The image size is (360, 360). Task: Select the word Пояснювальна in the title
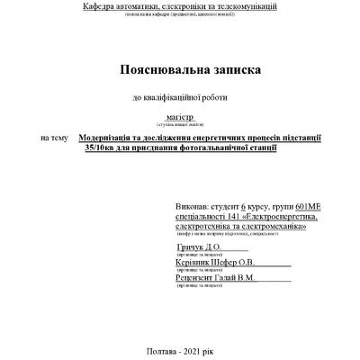(x=155, y=69)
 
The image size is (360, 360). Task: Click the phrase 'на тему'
(x=53, y=138)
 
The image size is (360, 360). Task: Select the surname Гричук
(x=193, y=247)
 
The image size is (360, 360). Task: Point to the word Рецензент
(x=200, y=279)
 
